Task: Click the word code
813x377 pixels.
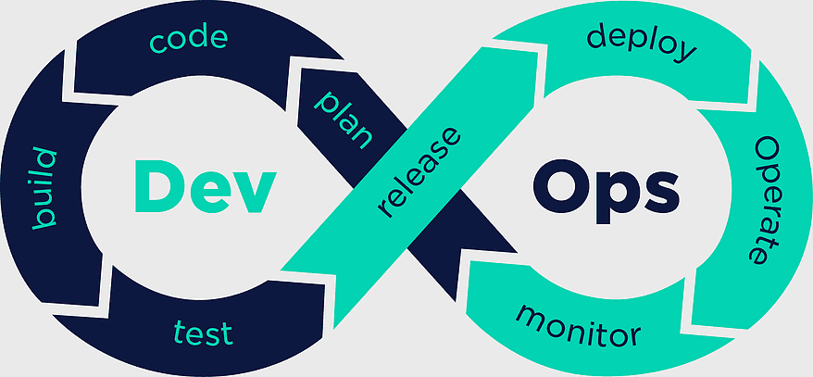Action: point(189,40)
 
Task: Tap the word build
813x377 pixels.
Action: point(44,188)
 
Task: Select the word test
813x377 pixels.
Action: point(204,333)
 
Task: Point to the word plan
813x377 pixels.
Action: point(344,120)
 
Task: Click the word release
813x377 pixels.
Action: point(419,171)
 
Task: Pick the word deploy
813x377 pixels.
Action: point(642,44)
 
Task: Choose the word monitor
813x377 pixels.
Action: point(578,324)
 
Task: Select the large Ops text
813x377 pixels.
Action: point(607,192)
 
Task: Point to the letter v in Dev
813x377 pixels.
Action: point(255,193)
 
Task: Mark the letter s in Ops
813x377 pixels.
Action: point(661,193)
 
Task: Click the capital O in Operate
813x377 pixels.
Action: point(767,149)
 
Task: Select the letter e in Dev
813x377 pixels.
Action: point(209,193)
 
